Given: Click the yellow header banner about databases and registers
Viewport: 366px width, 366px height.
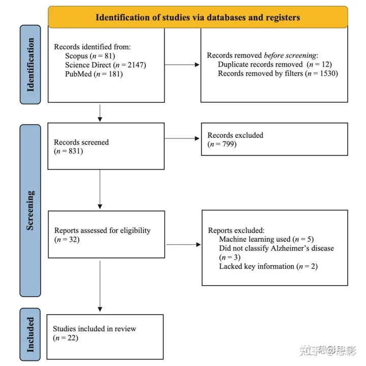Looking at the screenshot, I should coord(198,17).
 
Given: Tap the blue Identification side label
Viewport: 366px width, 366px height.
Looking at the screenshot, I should coord(30,65).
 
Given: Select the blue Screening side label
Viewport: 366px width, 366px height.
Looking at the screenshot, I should coord(30,211).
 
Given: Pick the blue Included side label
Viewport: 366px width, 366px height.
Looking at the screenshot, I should coord(30,334).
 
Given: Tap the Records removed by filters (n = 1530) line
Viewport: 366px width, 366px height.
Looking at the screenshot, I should coord(278,73).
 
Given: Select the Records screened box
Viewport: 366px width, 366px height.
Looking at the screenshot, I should coord(106,146).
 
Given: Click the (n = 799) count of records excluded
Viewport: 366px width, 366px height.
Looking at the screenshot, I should coord(222,145).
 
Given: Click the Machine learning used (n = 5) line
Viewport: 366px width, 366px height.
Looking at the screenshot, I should coord(267,239).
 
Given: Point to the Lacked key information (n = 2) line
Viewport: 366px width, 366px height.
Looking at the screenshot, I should coord(268,266).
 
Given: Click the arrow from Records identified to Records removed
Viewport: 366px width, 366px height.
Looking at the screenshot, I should coord(182,65).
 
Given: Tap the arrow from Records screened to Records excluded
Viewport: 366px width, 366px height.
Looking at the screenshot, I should coord(182,138).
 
